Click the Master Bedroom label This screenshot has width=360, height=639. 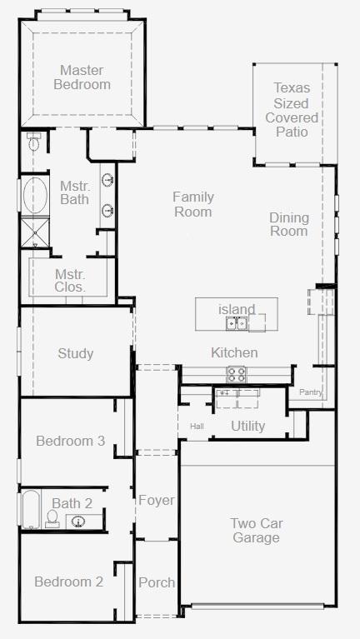[x=82, y=77]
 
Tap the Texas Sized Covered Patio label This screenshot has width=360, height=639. [x=292, y=110]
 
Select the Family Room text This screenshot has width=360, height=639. [x=193, y=204]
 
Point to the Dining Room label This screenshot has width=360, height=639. [x=289, y=224]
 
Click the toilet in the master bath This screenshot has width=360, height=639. [x=33, y=141]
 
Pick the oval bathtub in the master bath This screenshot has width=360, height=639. [x=35, y=196]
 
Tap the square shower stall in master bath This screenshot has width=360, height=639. [x=35, y=232]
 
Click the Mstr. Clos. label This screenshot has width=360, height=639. [x=70, y=280]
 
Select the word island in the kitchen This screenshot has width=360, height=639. [x=237, y=309]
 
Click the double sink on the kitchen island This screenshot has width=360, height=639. [x=237, y=323]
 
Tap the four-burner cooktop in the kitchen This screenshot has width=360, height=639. [x=237, y=374]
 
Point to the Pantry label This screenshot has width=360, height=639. [x=311, y=392]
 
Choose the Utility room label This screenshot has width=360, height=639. [x=247, y=427]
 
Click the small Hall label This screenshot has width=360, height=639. [x=197, y=427]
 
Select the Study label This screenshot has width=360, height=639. [x=76, y=353]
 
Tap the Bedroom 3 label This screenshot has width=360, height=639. [x=71, y=441]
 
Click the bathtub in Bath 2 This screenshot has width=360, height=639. [x=31, y=509]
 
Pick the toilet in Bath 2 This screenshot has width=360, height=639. [x=52, y=519]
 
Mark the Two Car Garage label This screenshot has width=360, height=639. [x=257, y=530]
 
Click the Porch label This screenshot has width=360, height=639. [x=157, y=582]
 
